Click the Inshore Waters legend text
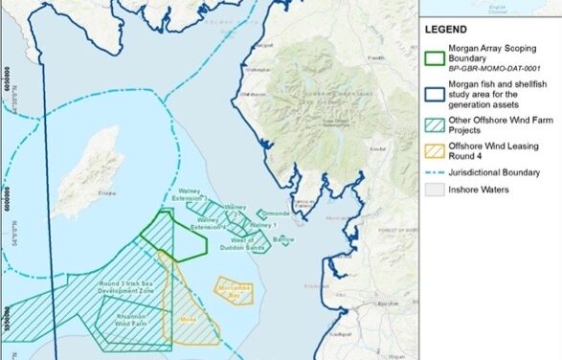(483, 190)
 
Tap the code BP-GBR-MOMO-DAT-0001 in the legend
(498, 70)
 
